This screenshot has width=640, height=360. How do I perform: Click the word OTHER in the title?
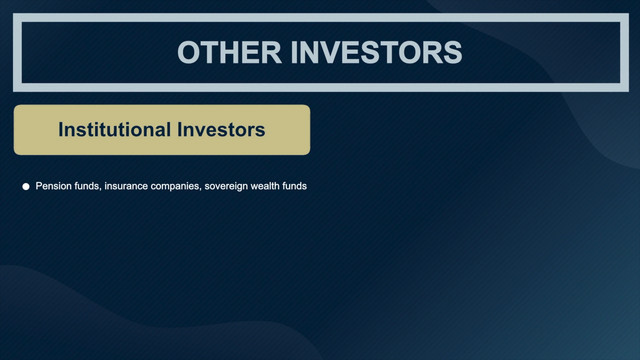(229, 52)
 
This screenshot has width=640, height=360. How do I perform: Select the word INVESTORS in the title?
(376, 52)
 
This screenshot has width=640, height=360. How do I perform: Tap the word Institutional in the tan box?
(115, 129)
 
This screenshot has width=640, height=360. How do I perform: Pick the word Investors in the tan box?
(221, 129)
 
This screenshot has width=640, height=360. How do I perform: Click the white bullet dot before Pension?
(26, 187)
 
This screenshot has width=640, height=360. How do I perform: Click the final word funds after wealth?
(293, 186)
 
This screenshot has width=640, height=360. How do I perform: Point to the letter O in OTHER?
(189, 52)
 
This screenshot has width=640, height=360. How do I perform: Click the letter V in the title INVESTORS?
(328, 52)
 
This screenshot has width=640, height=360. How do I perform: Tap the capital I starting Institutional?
(61, 129)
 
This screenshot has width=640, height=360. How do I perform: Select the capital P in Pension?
(39, 186)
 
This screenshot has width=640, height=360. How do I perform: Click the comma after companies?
(200, 190)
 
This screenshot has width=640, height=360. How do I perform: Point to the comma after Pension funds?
(100, 190)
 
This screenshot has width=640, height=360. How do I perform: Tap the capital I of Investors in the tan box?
(180, 129)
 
